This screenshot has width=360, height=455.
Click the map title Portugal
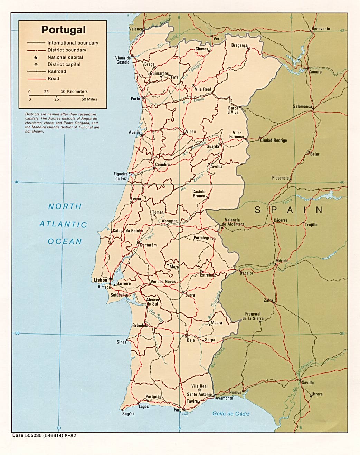63,30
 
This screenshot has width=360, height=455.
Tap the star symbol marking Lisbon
110,278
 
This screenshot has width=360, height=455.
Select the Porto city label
135,99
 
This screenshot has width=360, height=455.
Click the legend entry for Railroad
57,71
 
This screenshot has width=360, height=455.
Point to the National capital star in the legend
36,57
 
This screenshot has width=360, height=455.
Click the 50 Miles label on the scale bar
89,99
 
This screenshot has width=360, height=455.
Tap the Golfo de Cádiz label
231,414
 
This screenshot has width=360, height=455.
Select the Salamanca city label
302,106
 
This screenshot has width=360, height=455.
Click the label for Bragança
239,45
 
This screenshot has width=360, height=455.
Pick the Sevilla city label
307,383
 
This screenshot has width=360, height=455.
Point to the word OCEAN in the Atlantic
65,241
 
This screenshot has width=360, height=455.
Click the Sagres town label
128,414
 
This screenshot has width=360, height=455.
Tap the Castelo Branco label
199,194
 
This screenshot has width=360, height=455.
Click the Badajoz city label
247,273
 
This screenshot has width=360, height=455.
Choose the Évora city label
190,295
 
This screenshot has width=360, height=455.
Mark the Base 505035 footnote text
44,436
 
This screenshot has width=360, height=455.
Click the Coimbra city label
162,164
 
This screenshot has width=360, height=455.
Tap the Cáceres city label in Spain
280,220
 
